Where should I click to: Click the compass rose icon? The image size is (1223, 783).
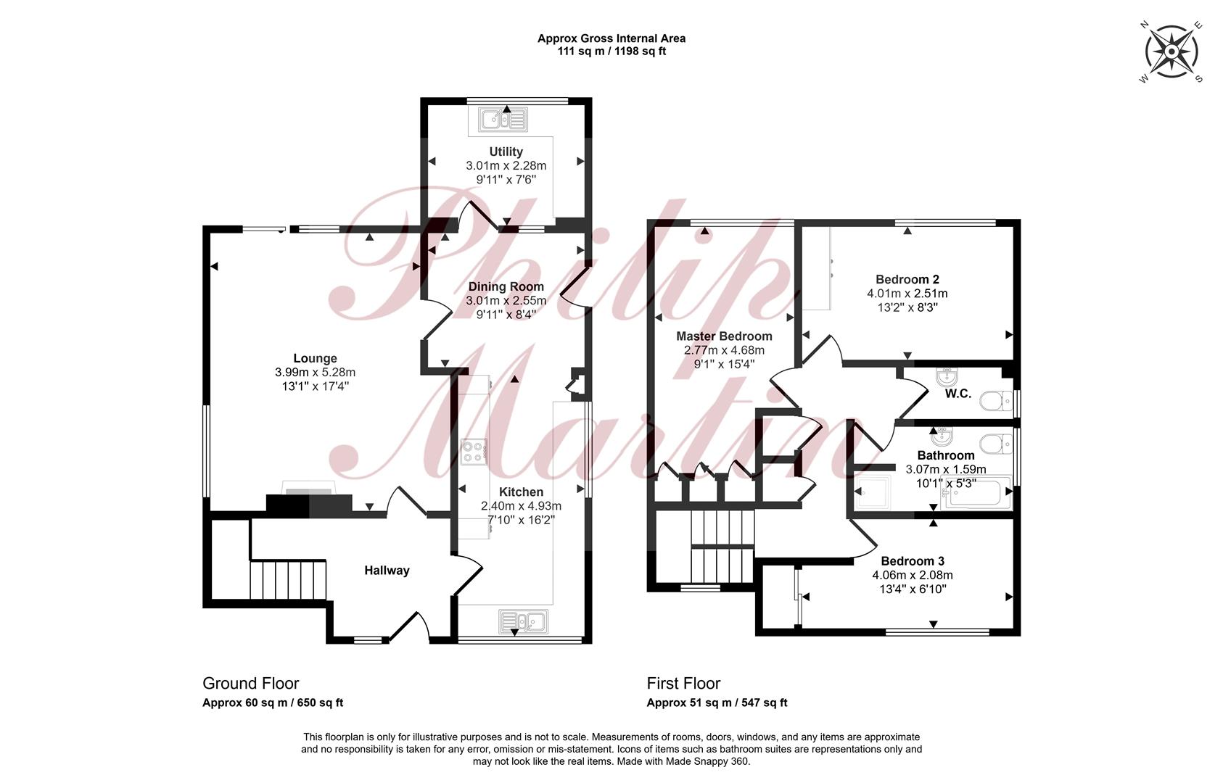[1171, 51]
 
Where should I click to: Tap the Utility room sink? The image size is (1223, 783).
[503, 119]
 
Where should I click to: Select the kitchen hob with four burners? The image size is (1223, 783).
[474, 452]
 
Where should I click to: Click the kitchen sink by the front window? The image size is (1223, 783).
[523, 621]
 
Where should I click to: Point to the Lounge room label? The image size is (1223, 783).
[315, 358]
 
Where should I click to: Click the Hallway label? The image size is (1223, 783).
[387, 571]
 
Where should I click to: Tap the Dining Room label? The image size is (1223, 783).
[506, 286]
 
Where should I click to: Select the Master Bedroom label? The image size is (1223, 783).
[724, 336]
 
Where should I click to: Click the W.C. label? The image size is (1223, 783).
[958, 394]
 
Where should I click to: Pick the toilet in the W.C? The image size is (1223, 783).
[997, 402]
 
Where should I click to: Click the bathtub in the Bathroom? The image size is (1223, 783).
[976, 494]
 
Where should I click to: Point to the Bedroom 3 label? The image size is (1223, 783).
[913, 561]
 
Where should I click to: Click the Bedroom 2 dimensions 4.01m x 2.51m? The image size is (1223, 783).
[907, 294]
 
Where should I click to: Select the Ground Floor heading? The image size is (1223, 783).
[250, 683]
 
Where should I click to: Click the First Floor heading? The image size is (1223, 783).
[683, 683]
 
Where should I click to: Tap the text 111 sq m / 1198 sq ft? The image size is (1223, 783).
[611, 51]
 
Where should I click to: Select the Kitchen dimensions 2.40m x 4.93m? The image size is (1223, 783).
[521, 506]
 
